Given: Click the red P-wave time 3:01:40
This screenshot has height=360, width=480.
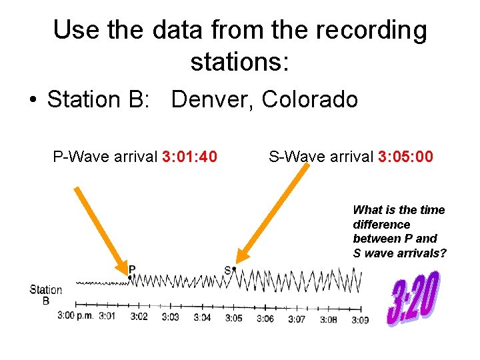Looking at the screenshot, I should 189,157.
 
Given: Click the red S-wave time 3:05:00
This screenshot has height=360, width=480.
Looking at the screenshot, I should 405,157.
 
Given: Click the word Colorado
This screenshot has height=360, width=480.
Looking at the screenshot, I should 310,100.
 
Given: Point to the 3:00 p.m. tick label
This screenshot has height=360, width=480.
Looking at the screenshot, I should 75,316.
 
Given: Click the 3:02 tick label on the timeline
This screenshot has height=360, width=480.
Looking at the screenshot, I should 138,317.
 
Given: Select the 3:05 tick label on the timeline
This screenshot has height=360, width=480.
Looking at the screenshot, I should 233,318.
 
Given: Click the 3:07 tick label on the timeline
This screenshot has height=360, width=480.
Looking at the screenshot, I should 297,319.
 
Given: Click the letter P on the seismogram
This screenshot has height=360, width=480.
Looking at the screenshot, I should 132,269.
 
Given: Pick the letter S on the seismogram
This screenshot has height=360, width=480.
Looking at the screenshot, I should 227,270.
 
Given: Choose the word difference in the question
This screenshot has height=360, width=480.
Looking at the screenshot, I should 381,224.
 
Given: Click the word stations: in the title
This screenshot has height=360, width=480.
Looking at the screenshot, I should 239,62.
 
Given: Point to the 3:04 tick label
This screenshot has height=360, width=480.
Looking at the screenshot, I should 202,318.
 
